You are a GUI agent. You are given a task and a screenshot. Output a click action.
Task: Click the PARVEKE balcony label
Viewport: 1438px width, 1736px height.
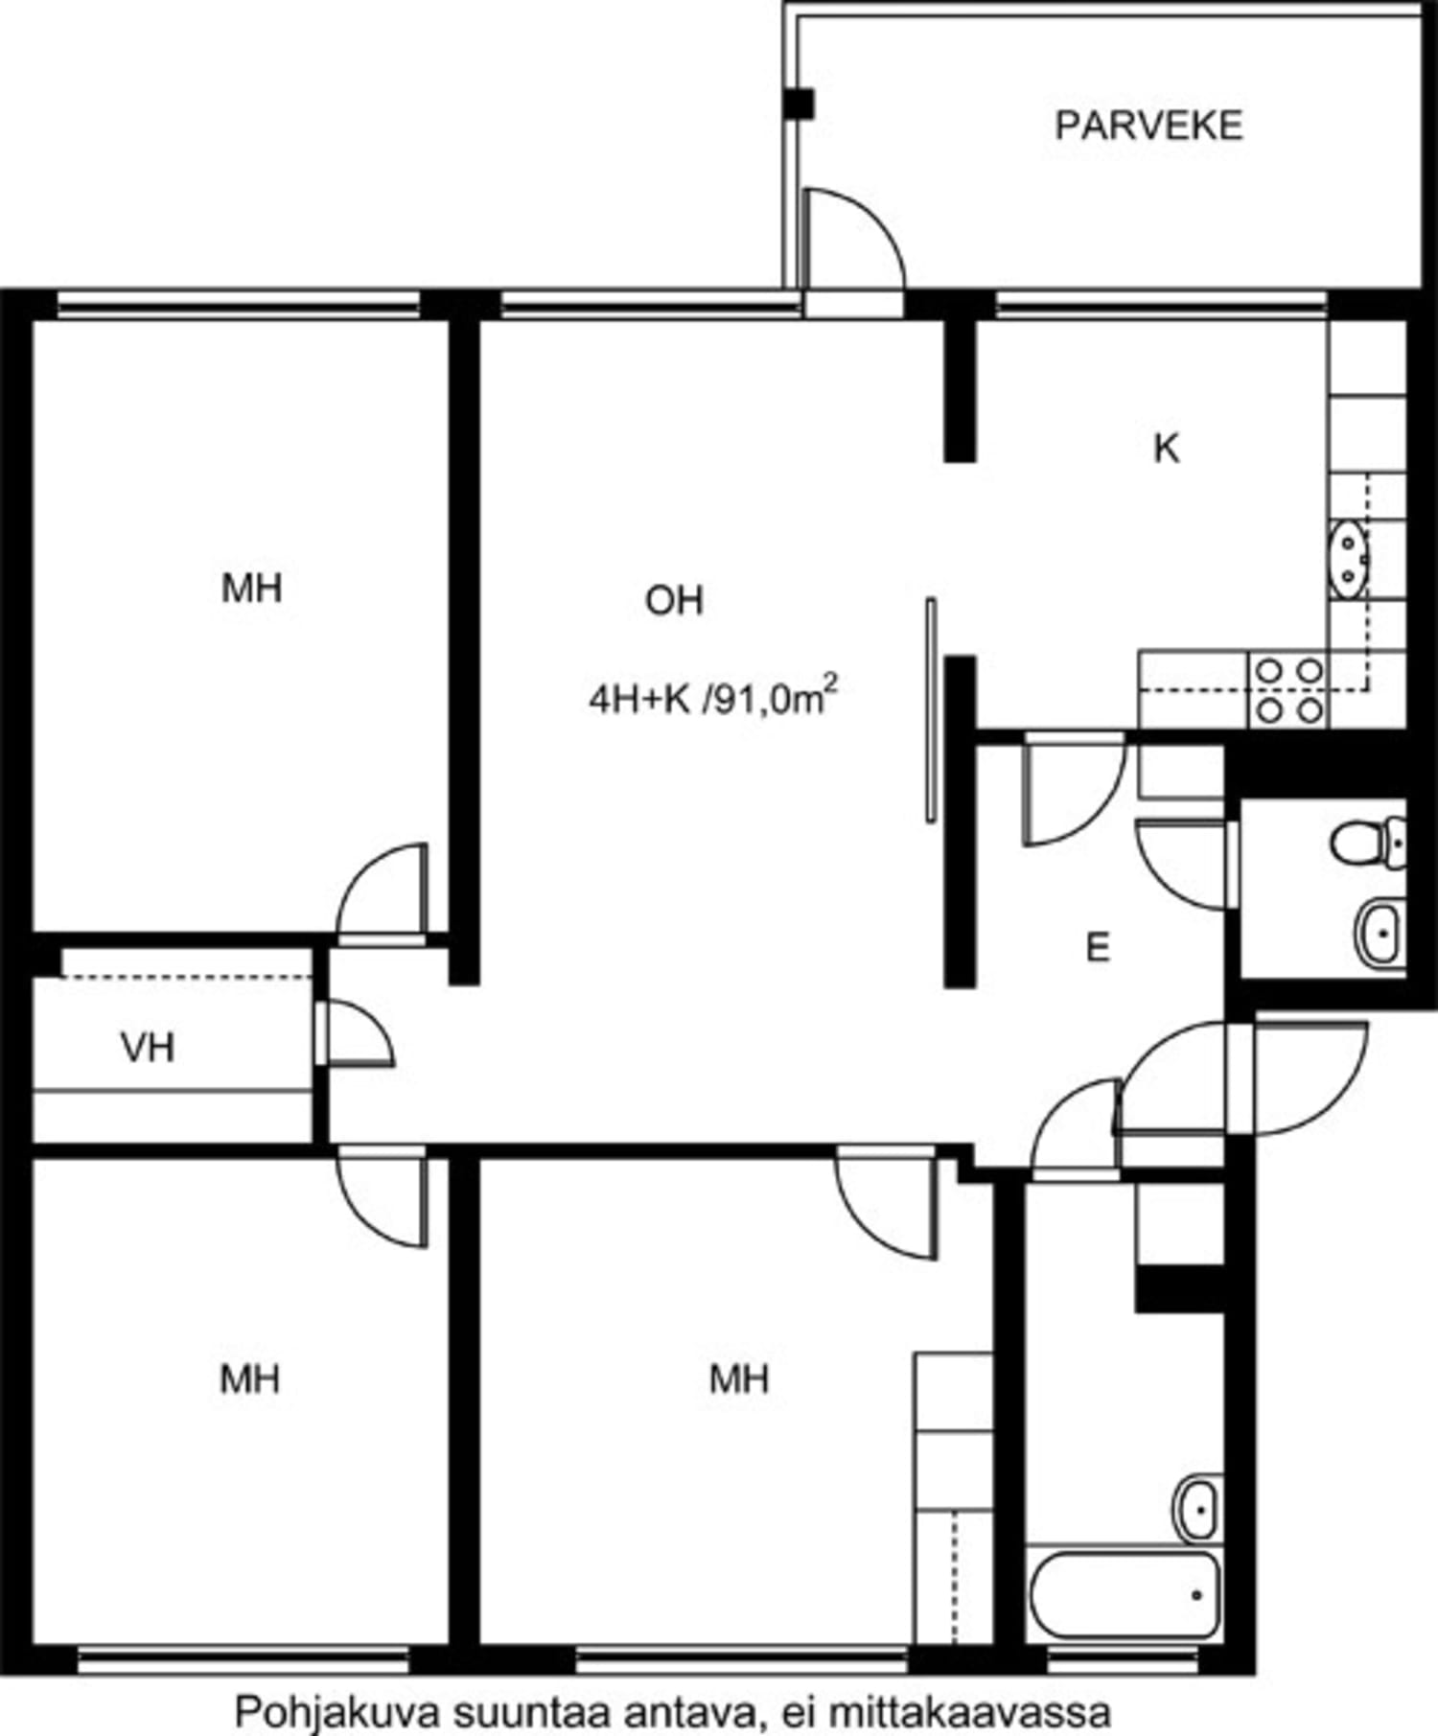[x=1148, y=126]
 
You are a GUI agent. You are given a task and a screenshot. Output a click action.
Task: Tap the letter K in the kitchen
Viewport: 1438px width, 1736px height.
[x=1166, y=448]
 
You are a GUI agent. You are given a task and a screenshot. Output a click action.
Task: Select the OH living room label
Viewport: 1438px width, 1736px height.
[x=674, y=601]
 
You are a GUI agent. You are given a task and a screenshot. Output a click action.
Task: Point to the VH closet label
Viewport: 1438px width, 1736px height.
[x=148, y=1048]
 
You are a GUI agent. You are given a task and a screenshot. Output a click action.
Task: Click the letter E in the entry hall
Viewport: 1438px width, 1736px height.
[x=1098, y=948]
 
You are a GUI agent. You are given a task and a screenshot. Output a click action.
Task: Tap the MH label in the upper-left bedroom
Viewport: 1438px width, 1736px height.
[x=251, y=588]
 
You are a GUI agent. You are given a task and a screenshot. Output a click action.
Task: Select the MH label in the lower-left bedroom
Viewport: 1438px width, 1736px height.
[x=249, y=1379]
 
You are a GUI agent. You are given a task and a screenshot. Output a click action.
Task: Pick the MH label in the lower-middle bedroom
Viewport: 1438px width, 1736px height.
[x=738, y=1379]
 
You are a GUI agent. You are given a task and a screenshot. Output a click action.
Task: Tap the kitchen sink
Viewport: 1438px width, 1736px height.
[x=1348, y=559]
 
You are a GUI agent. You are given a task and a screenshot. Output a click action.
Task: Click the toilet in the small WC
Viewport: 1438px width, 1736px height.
[x=1369, y=841]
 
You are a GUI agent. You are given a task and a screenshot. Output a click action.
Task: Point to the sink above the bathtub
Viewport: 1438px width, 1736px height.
[x=1198, y=1508]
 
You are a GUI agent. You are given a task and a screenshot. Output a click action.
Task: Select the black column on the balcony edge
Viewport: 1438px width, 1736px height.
[x=798, y=104]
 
